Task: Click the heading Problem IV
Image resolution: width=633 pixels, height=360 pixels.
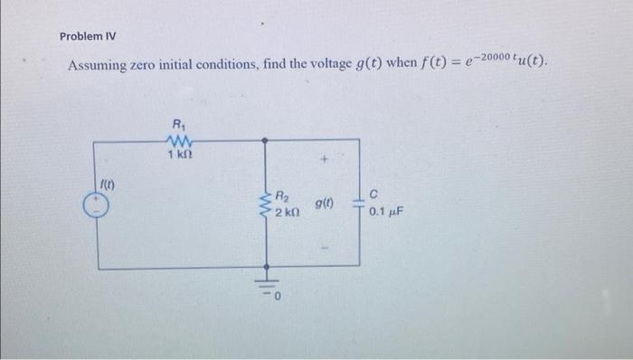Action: [x=88, y=36]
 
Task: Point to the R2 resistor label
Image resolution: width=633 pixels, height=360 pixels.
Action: [x=282, y=194]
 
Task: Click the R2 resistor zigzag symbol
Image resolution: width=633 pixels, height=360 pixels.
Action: [x=266, y=204]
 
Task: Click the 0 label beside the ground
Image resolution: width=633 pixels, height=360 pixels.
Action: [x=279, y=294]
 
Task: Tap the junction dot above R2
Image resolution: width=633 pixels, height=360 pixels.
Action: [x=266, y=140]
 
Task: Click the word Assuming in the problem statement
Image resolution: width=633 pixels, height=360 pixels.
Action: [x=100, y=67]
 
